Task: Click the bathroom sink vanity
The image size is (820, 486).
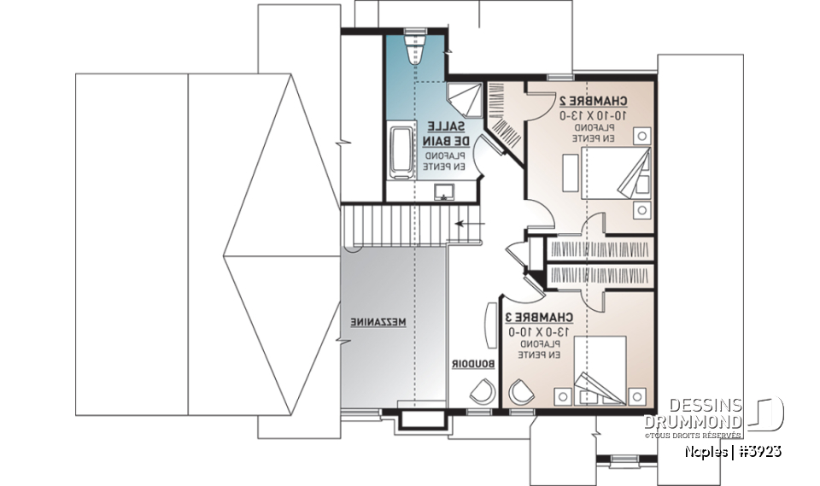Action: click(444, 190)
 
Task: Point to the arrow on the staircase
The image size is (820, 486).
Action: click(467, 225)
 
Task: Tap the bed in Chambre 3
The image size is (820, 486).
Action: click(600, 366)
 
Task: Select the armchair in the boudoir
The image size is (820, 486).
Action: click(480, 391)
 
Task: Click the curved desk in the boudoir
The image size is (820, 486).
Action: click(489, 324)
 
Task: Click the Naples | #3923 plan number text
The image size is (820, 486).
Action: click(732, 451)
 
